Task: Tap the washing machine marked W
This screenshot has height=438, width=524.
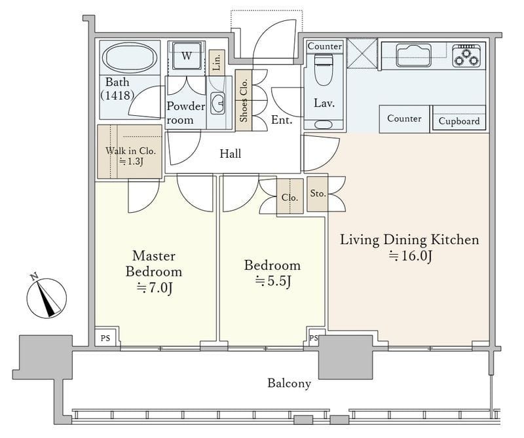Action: click(x=187, y=55)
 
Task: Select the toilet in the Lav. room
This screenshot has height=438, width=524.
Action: click(x=324, y=70)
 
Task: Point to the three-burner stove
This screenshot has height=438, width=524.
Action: click(x=468, y=56)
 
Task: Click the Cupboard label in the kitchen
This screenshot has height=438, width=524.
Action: click(x=459, y=121)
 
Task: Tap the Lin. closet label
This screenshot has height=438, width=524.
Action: click(x=217, y=62)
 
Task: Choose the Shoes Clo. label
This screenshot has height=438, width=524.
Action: click(x=243, y=100)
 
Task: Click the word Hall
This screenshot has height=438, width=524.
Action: click(x=231, y=154)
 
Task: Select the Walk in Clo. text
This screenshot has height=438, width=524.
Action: click(x=130, y=151)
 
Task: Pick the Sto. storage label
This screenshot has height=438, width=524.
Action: click(x=318, y=193)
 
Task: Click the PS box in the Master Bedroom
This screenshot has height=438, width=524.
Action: click(x=105, y=337)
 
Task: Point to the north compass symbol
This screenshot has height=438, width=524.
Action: click(x=47, y=297)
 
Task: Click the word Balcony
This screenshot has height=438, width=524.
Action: click(x=289, y=383)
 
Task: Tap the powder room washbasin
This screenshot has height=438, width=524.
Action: click(x=218, y=103)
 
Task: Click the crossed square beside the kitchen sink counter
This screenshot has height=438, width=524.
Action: click(x=362, y=54)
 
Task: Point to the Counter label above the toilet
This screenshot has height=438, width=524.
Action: click(x=324, y=46)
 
